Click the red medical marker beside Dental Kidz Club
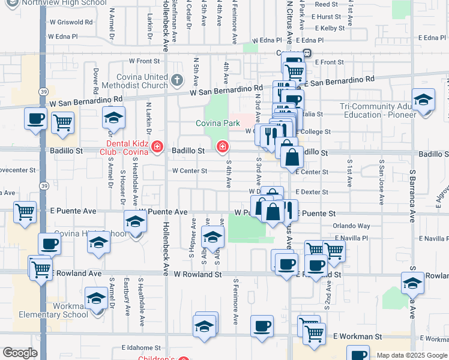coord(157,147)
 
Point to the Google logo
coord(20,353)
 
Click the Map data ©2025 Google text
coord(411,355)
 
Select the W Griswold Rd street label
coord(71,22)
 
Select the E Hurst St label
coord(327,17)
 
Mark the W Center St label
coord(190,171)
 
